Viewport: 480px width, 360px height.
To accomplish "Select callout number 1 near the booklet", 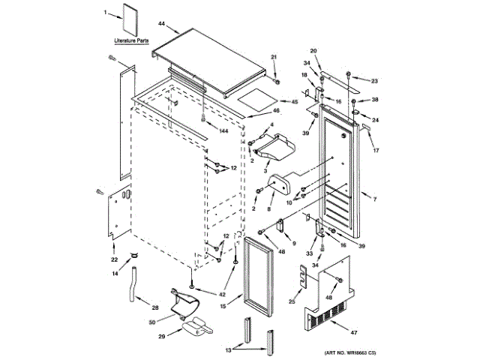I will [106, 12].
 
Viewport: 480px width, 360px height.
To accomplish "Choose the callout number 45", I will [295, 102].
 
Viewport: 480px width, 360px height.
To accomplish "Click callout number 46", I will [276, 111].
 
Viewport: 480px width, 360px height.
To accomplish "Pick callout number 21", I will [274, 58].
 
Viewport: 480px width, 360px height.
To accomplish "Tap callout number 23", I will [376, 80].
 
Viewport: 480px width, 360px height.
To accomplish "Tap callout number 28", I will [155, 308].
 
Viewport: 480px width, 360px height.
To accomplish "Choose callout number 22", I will [115, 260].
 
